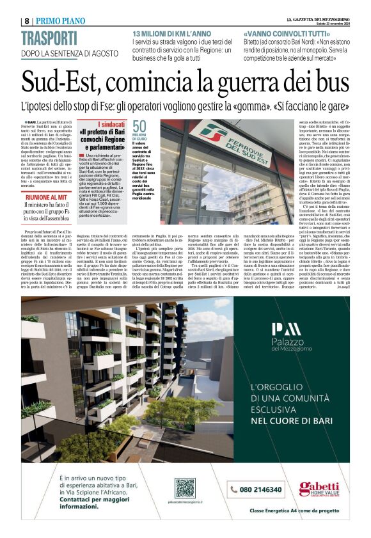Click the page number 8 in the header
pyautogui.click(x=26, y=20)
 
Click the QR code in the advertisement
pyautogui.click(x=185, y=488)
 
